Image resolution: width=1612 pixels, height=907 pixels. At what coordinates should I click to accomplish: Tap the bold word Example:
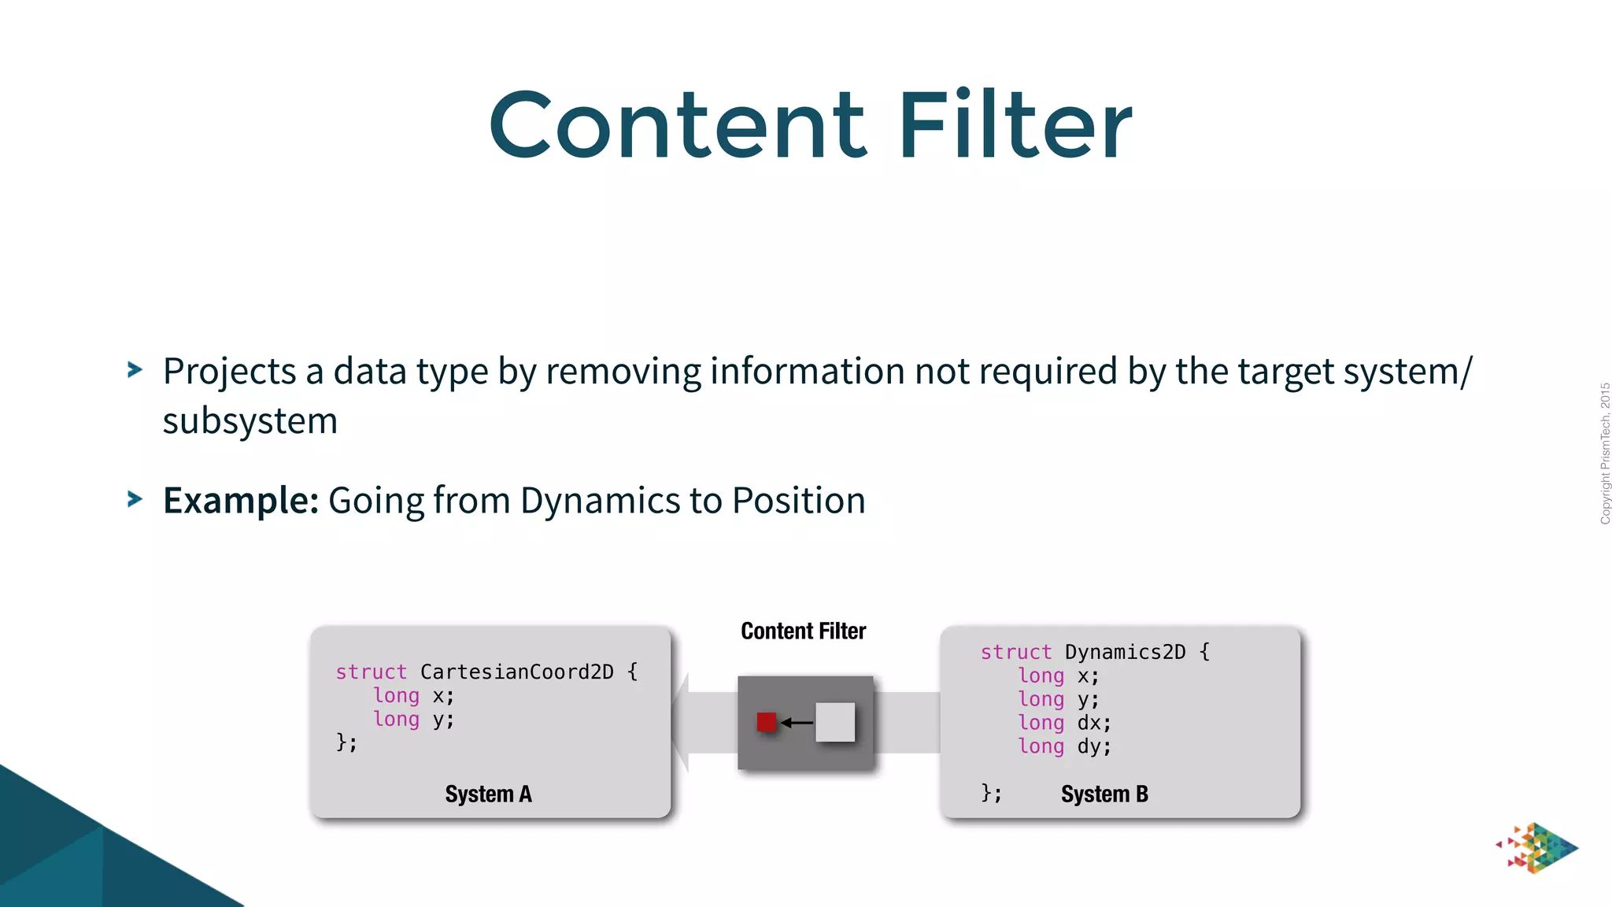tap(240, 501)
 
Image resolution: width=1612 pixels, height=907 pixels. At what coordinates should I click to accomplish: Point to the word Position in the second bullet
tap(798, 501)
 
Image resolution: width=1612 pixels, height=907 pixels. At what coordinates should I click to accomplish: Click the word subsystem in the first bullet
tap(250, 421)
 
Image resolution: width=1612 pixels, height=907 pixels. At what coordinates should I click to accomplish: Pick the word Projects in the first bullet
tap(229, 372)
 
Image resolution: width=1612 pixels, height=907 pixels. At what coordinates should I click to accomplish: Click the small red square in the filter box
tap(766, 722)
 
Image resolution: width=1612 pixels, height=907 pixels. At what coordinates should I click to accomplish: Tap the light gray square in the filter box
tap(835, 722)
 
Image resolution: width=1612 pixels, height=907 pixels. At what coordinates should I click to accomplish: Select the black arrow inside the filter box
tap(797, 722)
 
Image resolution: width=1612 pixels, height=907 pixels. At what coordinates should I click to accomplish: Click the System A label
tap(488, 794)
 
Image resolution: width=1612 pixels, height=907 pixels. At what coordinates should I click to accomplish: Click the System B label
tap(1104, 794)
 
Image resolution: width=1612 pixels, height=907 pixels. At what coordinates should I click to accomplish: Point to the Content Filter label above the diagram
tap(803, 631)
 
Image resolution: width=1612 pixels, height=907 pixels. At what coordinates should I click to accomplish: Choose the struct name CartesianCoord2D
tap(516, 672)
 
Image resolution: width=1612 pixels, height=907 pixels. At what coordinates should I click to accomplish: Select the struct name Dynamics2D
tap(1124, 652)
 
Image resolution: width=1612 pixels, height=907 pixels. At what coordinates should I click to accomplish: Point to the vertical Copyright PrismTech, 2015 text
tap(1605, 453)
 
